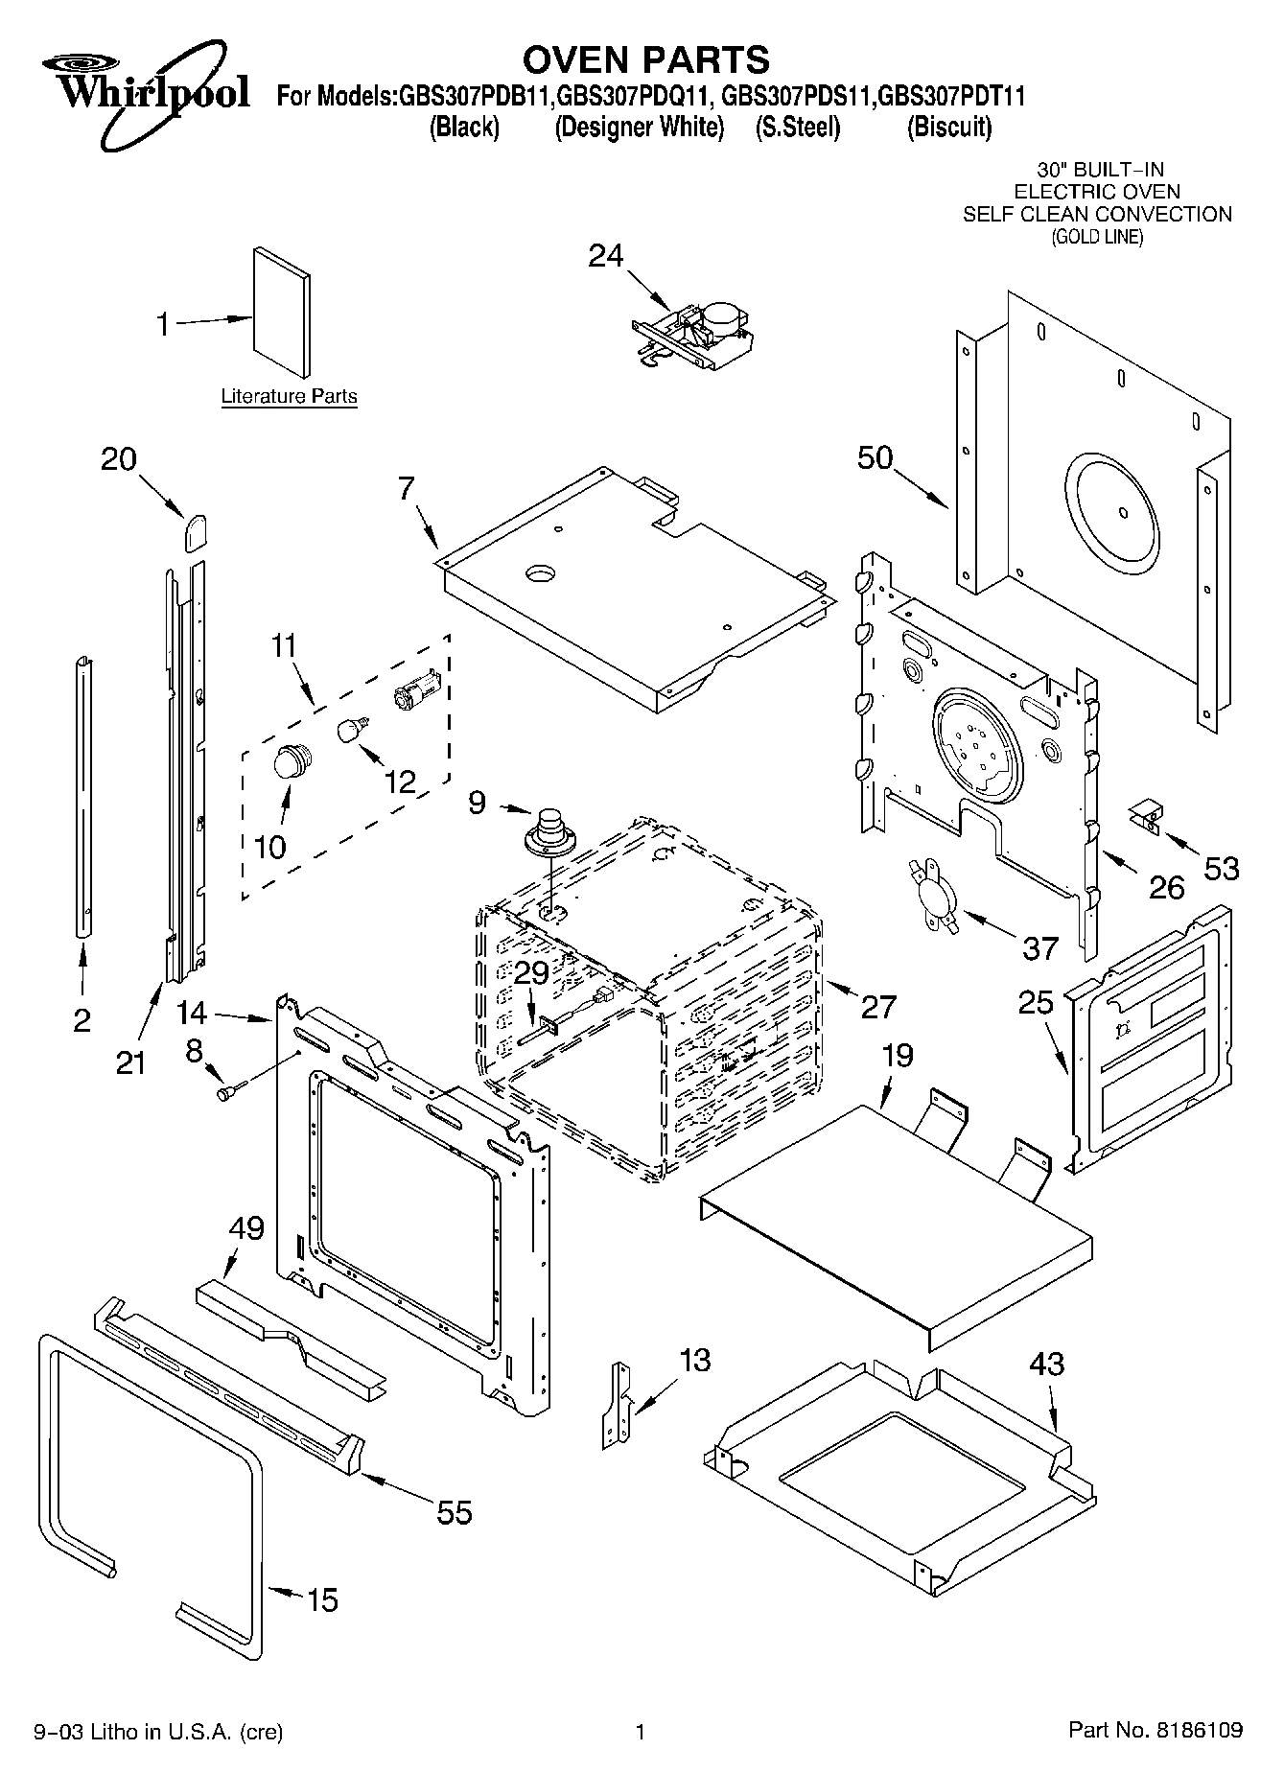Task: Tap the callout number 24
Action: [605, 255]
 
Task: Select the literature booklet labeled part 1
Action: [282, 312]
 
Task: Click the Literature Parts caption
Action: [289, 396]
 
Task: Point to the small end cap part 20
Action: [197, 530]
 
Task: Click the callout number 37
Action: [1039, 948]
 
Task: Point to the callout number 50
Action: [875, 457]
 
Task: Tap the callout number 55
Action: [455, 1512]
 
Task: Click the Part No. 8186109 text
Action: [1156, 1730]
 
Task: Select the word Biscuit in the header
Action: [949, 127]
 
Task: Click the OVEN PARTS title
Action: [645, 59]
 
